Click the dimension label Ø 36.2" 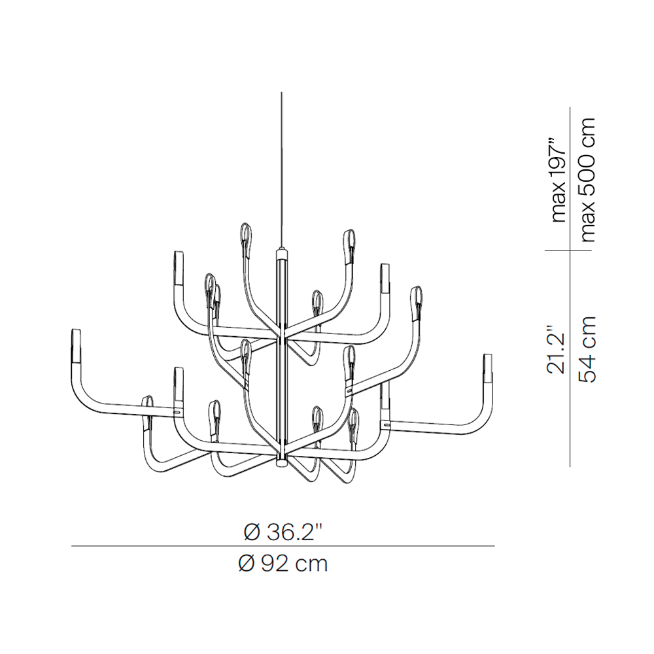(x=283, y=532)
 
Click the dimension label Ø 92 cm (x=283, y=564)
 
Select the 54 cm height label (x=587, y=350)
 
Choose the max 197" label (x=558, y=179)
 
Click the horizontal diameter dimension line (x=283, y=546)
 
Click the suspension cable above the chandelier (x=282, y=170)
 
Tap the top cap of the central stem (x=282, y=254)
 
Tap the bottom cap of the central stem (x=282, y=460)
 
